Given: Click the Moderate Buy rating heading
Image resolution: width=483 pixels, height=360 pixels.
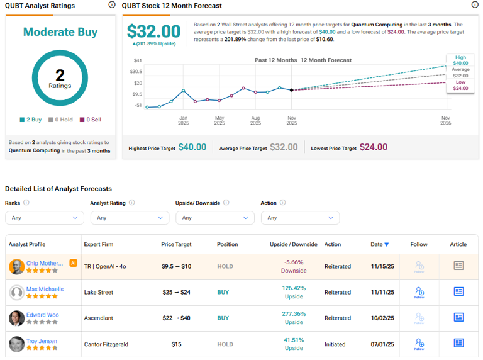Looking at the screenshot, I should [x=60, y=32].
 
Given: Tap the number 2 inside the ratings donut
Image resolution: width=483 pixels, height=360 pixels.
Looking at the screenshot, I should [x=60, y=76].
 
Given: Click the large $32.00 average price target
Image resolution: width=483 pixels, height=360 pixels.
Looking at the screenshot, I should [x=153, y=31].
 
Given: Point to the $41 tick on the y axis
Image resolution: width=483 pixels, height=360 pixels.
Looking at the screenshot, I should [x=138, y=60].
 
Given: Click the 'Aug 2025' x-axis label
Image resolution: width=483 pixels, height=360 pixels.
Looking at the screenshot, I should [x=255, y=121].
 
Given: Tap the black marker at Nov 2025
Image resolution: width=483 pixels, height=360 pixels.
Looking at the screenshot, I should [x=291, y=90].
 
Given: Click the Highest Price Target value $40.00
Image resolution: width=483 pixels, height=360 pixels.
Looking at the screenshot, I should [x=192, y=147].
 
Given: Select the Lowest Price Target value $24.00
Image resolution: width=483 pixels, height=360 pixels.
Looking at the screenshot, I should [x=374, y=147].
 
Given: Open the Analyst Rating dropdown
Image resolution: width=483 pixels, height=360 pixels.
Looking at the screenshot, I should [x=130, y=218].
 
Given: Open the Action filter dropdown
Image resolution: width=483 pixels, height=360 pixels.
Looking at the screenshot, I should [x=300, y=218].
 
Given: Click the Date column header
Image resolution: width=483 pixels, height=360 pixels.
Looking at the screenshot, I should [x=379, y=244].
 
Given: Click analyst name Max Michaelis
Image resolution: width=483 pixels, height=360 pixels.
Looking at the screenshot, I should [x=45, y=289].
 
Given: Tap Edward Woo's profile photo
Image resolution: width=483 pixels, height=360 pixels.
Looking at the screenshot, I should [x=17, y=318].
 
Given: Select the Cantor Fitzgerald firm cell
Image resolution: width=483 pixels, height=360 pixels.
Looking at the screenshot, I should [x=107, y=344].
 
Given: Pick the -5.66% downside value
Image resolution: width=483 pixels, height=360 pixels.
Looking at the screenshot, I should [x=294, y=262].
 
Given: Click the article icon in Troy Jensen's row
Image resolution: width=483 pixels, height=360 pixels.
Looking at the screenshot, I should [x=458, y=343].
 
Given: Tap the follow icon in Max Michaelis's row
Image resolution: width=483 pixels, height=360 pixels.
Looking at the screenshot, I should [x=419, y=292].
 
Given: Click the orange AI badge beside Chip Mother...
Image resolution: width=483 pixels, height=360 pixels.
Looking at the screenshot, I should [x=74, y=263].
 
